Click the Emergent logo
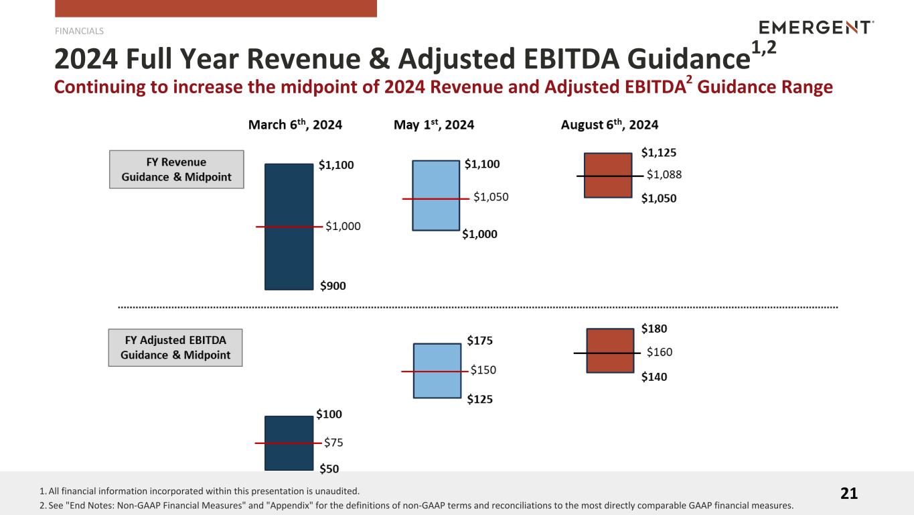pos(816,27)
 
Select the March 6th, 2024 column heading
pos(295,125)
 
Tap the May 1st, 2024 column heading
pos(434,125)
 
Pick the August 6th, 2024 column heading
pos(609,125)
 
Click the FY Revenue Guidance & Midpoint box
pos(176,170)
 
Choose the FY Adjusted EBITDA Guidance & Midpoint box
pos(175,347)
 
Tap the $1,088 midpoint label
pos(664,175)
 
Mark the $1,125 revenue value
pos(659,152)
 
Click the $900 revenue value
pos(333,286)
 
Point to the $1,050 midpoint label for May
pos(491,197)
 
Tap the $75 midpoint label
pos(333,443)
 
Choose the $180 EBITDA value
pos(654,329)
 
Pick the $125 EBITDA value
pos(479,400)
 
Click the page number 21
pos(848,494)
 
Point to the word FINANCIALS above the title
pos(79,31)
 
